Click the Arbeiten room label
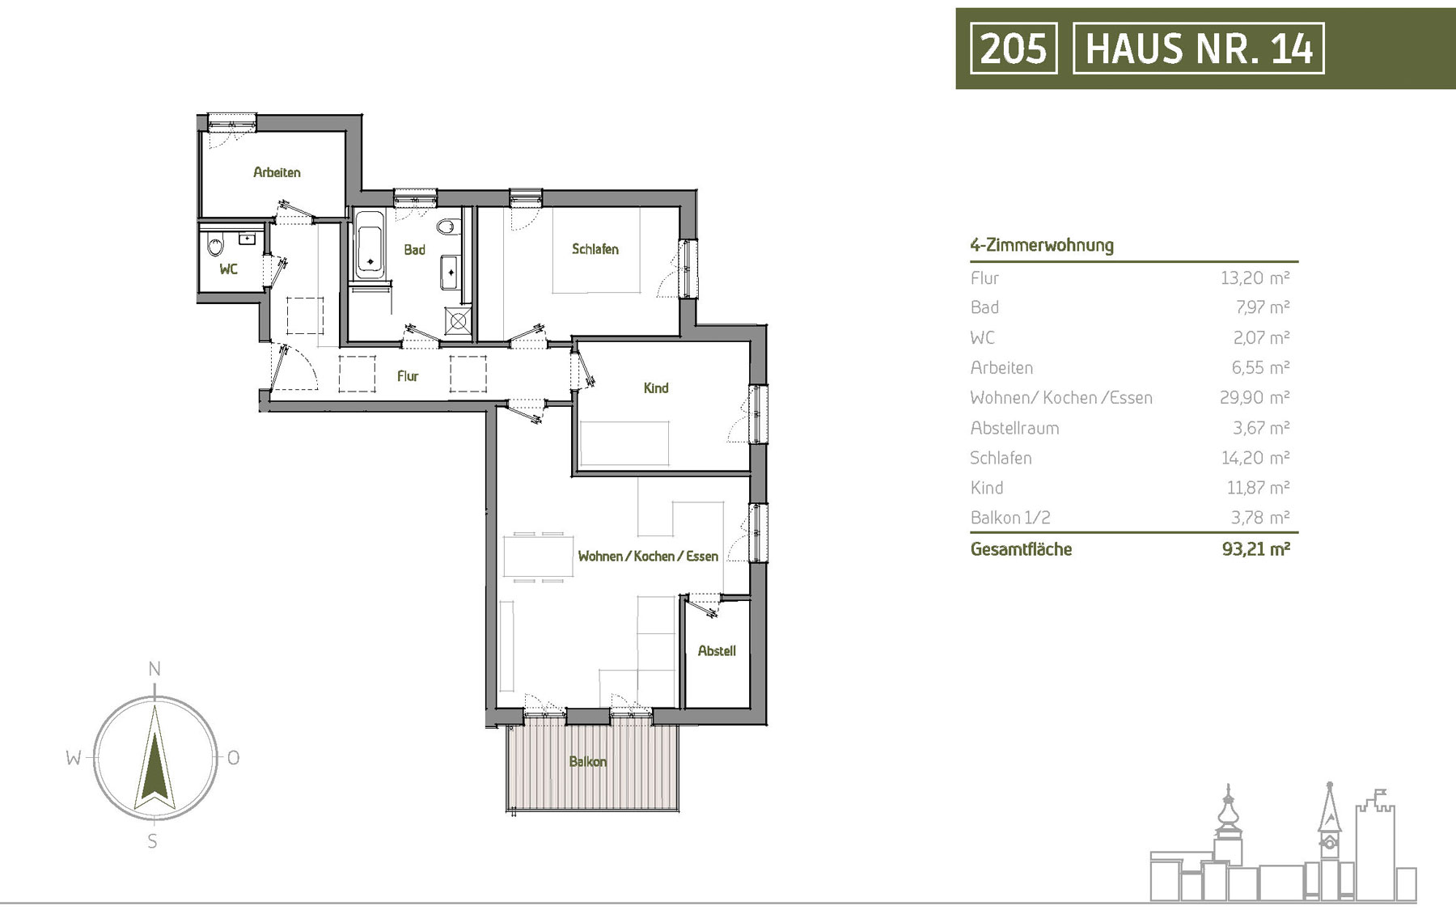[x=277, y=172]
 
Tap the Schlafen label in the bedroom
[x=595, y=249]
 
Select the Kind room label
[x=656, y=388]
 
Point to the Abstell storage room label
[x=717, y=650]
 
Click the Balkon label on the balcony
[x=588, y=762]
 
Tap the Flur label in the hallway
[x=408, y=376]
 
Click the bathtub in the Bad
[x=370, y=244]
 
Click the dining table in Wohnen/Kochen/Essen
[x=539, y=557]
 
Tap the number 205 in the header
[x=1014, y=48]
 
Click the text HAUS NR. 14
[x=1199, y=48]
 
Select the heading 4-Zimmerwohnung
[x=1042, y=245]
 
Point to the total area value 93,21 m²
[x=1255, y=549]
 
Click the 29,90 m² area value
[x=1255, y=397]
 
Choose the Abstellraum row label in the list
[x=1014, y=428]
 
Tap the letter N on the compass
[x=154, y=669]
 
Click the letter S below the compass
[x=153, y=841]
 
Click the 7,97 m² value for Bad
[x=1261, y=307]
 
